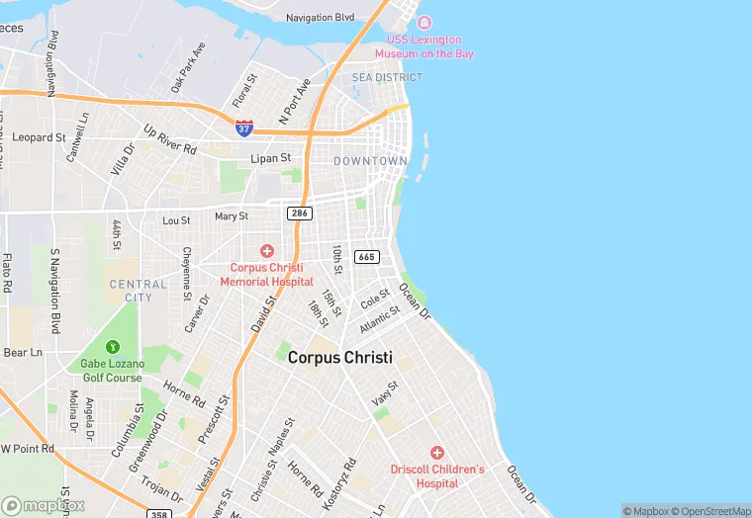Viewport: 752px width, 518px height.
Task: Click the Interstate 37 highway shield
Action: click(x=244, y=129)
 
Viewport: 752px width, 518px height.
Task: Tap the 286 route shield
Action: click(x=299, y=214)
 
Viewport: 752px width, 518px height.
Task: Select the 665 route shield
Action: click(x=366, y=257)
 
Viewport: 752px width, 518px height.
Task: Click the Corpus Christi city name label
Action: click(x=340, y=358)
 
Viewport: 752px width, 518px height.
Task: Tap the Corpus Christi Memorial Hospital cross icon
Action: click(x=266, y=252)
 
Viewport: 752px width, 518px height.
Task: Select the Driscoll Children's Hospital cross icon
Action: click(x=437, y=452)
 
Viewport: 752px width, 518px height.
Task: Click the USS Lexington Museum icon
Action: click(x=424, y=23)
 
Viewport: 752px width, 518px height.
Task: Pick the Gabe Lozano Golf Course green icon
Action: click(x=113, y=347)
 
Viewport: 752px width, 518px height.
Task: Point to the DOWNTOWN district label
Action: click(x=370, y=160)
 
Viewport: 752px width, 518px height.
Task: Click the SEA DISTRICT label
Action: click(x=387, y=77)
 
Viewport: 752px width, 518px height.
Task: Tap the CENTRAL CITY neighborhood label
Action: click(x=131, y=291)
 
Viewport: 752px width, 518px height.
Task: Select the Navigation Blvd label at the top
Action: click(x=320, y=18)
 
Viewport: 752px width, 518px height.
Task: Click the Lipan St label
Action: click(x=271, y=158)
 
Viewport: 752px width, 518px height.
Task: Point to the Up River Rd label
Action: click(x=170, y=139)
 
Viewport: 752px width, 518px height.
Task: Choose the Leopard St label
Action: click(x=41, y=137)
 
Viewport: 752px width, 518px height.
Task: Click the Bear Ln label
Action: click(x=24, y=352)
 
